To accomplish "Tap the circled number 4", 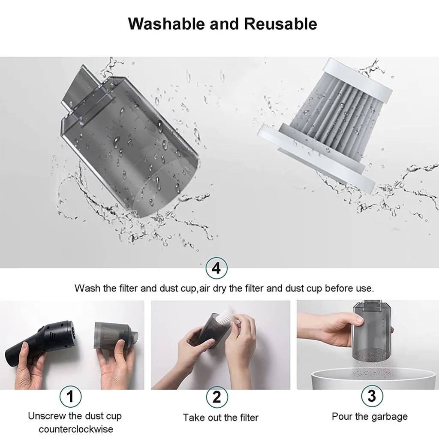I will click(x=216, y=268).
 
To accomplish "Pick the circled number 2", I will click(x=216, y=397).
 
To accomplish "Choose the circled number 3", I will click(x=371, y=395).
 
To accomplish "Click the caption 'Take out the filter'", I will click(x=220, y=417).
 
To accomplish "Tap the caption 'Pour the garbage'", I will click(x=370, y=416).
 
